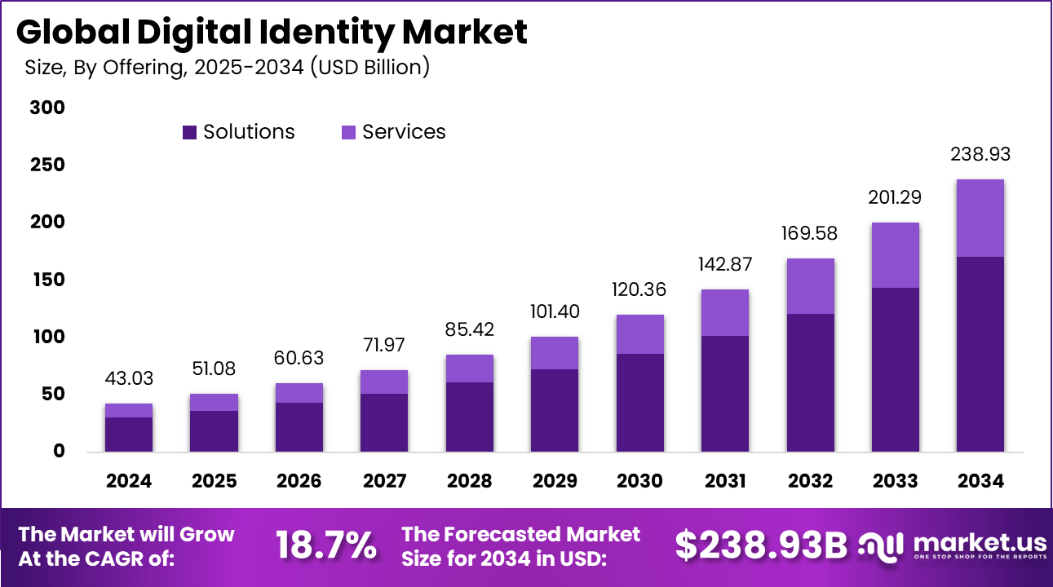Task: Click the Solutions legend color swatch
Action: click(x=189, y=132)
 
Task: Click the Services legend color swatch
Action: click(x=348, y=132)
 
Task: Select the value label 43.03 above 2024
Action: click(x=129, y=379)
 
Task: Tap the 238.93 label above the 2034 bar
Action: click(x=980, y=155)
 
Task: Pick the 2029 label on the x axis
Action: click(x=555, y=481)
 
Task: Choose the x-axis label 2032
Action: click(x=810, y=481)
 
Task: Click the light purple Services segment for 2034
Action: click(x=980, y=218)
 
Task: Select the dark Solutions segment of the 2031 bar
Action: click(x=724, y=393)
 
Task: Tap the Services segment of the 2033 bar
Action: click(x=895, y=254)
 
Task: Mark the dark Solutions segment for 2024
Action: click(x=129, y=434)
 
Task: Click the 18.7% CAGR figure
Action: click(x=326, y=545)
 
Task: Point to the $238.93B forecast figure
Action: click(x=761, y=545)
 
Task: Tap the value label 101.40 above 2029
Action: click(x=555, y=312)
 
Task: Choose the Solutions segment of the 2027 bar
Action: click(x=384, y=421)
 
